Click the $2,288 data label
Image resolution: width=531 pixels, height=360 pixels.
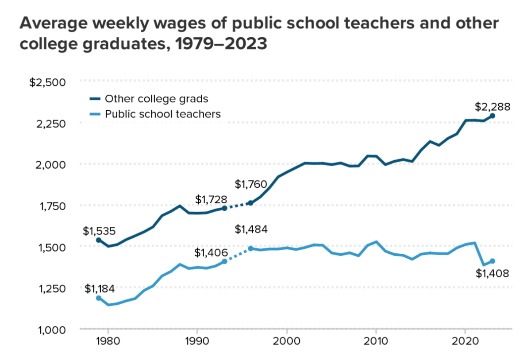[493, 107]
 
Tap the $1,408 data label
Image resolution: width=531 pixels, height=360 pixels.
[492, 273]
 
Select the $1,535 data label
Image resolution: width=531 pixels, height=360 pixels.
[100, 231]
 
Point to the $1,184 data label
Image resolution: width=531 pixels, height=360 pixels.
[100, 289]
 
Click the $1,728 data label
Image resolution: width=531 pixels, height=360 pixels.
[212, 200]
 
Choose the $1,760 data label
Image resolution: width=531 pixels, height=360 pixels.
[250, 184]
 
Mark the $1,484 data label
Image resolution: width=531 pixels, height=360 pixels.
[251, 229]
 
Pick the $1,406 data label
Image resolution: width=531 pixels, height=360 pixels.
[211, 253]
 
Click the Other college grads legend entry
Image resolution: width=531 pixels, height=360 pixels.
[156, 98]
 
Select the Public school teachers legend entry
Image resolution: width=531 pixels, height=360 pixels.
[162, 114]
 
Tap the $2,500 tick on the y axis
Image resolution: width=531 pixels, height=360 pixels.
[47, 82]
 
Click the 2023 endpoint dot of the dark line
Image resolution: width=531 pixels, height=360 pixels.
[492, 116]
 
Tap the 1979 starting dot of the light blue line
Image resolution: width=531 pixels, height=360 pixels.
[98, 298]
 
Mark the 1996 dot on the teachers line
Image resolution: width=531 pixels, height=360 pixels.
[250, 248]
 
